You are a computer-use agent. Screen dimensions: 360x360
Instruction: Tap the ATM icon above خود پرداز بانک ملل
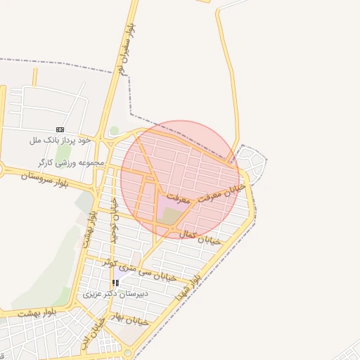click(x=60, y=129)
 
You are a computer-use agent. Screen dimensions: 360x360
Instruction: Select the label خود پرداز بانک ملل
click(x=60, y=141)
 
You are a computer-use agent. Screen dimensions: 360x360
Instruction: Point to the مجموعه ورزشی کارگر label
click(x=71, y=163)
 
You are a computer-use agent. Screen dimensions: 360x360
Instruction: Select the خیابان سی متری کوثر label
click(x=131, y=265)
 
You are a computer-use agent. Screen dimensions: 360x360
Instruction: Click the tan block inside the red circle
click(x=169, y=216)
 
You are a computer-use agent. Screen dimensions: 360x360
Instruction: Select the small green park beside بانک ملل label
click(x=114, y=131)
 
